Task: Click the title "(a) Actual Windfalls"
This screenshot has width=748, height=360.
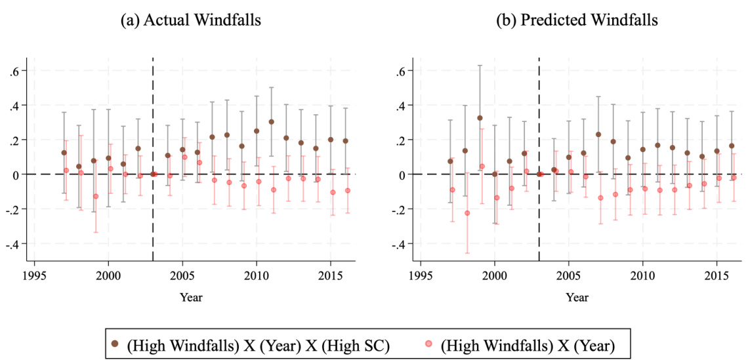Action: pyautogui.click(x=190, y=20)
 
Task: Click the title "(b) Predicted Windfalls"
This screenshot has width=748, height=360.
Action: pyautogui.click(x=577, y=20)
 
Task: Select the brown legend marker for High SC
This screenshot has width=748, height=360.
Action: pyautogui.click(x=115, y=343)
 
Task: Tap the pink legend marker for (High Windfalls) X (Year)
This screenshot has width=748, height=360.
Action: pyautogui.click(x=428, y=343)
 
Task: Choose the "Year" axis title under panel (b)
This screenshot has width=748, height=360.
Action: pyautogui.click(x=577, y=297)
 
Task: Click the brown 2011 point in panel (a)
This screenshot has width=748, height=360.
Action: pyautogui.click(x=271, y=122)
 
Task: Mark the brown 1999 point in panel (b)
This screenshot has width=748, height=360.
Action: pyautogui.click(x=480, y=118)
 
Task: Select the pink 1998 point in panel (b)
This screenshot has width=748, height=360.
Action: pyautogui.click(x=467, y=213)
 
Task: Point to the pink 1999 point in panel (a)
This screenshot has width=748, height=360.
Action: pyautogui.click(x=96, y=196)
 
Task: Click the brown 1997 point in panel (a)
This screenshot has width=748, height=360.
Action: pyautogui.click(x=64, y=153)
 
